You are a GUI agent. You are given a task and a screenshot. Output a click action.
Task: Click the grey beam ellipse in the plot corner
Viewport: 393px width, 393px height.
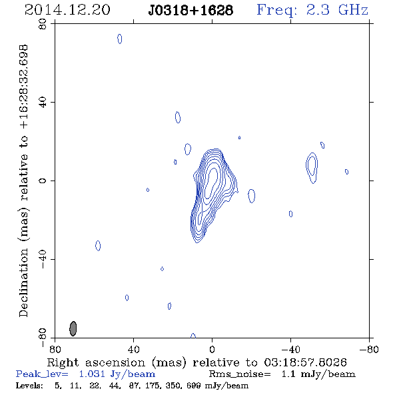pos(73,328)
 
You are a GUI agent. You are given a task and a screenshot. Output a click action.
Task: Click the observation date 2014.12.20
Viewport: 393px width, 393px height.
pos(67,10)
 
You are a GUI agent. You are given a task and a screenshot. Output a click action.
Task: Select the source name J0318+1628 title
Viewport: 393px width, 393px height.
pos(191,10)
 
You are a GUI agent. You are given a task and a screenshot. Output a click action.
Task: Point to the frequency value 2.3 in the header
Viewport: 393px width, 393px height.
pos(318,10)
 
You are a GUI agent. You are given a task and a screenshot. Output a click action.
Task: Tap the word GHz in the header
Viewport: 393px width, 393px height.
pos(353,10)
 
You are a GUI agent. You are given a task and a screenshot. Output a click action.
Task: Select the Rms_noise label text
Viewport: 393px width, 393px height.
pos(240,374)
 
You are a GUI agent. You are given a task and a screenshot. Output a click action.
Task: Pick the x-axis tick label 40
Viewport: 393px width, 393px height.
pos(133,350)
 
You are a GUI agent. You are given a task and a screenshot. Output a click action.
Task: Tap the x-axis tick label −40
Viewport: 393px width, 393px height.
pos(290,350)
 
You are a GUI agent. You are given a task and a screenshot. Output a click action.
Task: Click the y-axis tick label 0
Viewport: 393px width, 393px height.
pos(43,181)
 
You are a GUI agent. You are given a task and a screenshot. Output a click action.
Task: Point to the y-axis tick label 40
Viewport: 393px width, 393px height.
pos(43,103)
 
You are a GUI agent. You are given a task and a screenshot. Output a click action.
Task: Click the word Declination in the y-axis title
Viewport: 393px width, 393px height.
pos(23,282)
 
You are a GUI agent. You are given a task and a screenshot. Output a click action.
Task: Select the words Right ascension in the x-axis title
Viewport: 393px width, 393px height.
pos(96,362)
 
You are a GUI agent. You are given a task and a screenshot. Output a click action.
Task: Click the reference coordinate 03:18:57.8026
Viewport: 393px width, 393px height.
pos(306,362)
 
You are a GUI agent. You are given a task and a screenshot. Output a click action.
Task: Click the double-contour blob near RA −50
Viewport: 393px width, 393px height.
pos(312,167)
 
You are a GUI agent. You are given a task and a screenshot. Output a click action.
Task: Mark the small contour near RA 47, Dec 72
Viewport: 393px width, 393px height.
pos(120,39)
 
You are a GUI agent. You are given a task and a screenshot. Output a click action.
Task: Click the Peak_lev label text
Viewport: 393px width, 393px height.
pos(42,374)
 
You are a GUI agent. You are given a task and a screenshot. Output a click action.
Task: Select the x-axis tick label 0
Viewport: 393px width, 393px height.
pos(212,350)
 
